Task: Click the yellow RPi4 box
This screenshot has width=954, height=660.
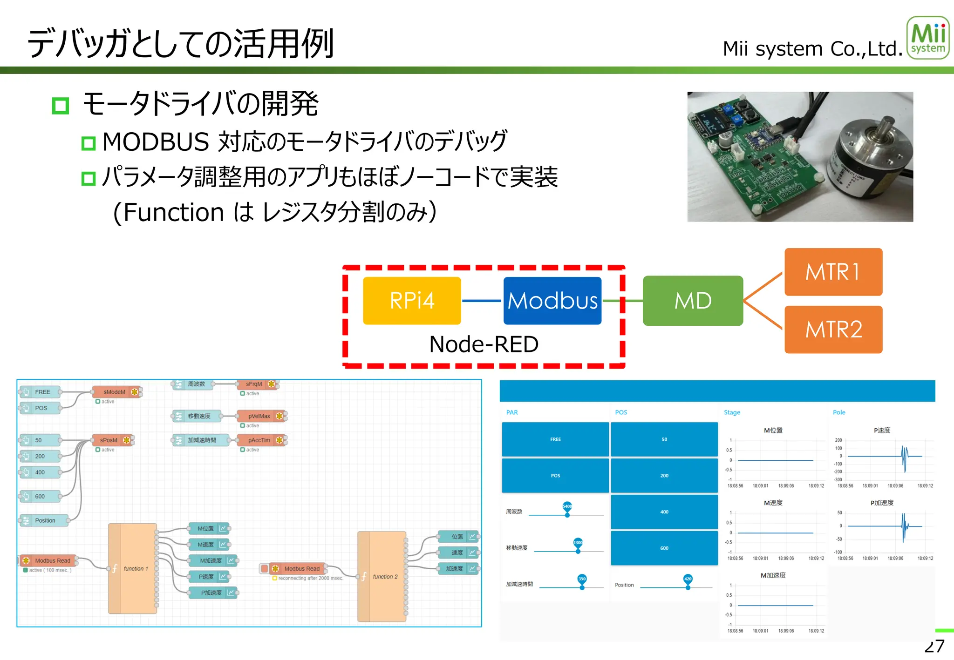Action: coord(412,301)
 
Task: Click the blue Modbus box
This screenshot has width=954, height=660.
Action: coord(552,301)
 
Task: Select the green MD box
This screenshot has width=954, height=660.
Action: coord(693,301)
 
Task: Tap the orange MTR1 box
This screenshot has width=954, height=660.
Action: coord(833,272)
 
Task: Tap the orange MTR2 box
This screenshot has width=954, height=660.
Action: coord(833,330)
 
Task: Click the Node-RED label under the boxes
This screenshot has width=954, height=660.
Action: coord(484,344)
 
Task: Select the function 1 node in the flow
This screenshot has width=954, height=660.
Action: coord(133,568)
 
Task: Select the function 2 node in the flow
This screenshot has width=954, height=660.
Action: coord(382,576)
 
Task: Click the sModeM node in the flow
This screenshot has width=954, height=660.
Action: coord(115,392)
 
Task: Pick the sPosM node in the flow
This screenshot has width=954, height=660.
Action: coord(109,440)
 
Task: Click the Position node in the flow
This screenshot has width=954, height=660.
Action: coord(45,520)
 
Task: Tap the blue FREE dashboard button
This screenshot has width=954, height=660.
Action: coord(555,439)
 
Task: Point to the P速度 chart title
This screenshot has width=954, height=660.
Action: coord(882,430)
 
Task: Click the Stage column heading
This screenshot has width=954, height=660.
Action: coord(732,412)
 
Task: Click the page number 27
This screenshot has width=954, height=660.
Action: coord(934,647)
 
